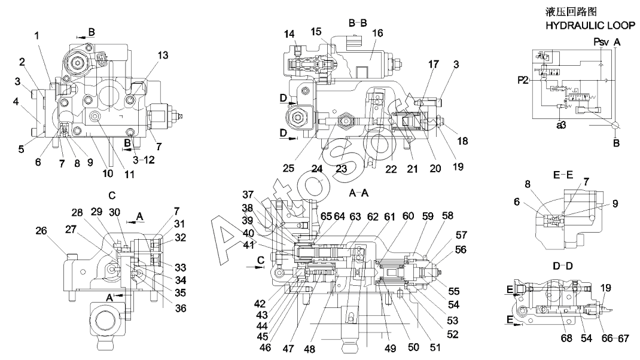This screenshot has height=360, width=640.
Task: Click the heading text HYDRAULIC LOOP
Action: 590,25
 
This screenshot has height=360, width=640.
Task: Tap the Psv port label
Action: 601,42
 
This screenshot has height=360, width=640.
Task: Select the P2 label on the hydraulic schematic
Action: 523,80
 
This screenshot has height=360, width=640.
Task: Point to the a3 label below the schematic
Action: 561,126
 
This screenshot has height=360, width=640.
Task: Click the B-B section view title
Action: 358,23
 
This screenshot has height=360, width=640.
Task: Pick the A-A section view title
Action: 359,193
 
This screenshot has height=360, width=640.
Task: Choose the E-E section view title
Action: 563,175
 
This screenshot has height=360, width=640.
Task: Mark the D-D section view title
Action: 563,266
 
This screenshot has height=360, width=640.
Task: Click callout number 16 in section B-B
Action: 377,33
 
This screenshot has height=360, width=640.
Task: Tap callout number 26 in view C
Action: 41,231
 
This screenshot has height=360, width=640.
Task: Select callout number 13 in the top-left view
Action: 163,55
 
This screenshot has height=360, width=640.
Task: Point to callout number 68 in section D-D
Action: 566,338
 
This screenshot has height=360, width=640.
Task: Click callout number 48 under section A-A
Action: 309,349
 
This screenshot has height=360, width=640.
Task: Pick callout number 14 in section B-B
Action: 289,34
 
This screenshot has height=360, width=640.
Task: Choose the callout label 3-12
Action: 144,160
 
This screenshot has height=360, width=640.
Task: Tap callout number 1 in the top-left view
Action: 36,35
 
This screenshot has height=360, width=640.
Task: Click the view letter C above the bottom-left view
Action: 112,196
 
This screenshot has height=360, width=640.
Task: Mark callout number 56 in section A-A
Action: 461,249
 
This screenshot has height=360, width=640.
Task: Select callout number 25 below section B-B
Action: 288,168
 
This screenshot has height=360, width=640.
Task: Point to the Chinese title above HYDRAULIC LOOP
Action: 571,11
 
